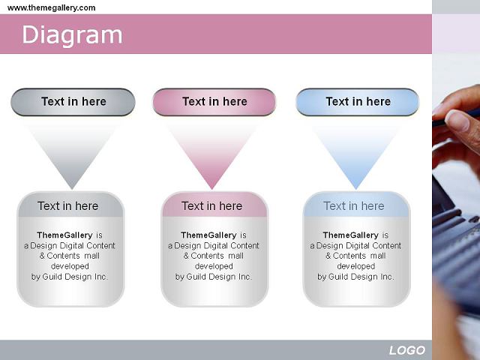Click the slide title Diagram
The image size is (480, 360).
(x=72, y=35)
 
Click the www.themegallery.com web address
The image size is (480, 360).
(x=52, y=7)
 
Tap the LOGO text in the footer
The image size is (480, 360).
(x=406, y=350)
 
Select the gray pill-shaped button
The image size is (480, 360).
(x=73, y=102)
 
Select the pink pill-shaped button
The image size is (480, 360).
(x=214, y=102)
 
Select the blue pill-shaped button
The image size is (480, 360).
(x=358, y=102)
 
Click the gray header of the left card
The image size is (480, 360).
(x=70, y=205)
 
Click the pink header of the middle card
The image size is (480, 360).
(x=214, y=205)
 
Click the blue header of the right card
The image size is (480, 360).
(x=357, y=205)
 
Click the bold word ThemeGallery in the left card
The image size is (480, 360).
(x=64, y=235)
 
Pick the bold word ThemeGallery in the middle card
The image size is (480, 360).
(x=208, y=235)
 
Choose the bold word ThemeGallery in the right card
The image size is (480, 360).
(x=350, y=235)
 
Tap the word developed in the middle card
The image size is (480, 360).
(x=214, y=266)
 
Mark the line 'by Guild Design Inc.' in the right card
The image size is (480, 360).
(x=355, y=277)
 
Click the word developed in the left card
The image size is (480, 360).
(x=70, y=266)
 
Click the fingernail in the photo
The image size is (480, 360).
(x=457, y=121)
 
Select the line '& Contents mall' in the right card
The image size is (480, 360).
(x=355, y=256)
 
